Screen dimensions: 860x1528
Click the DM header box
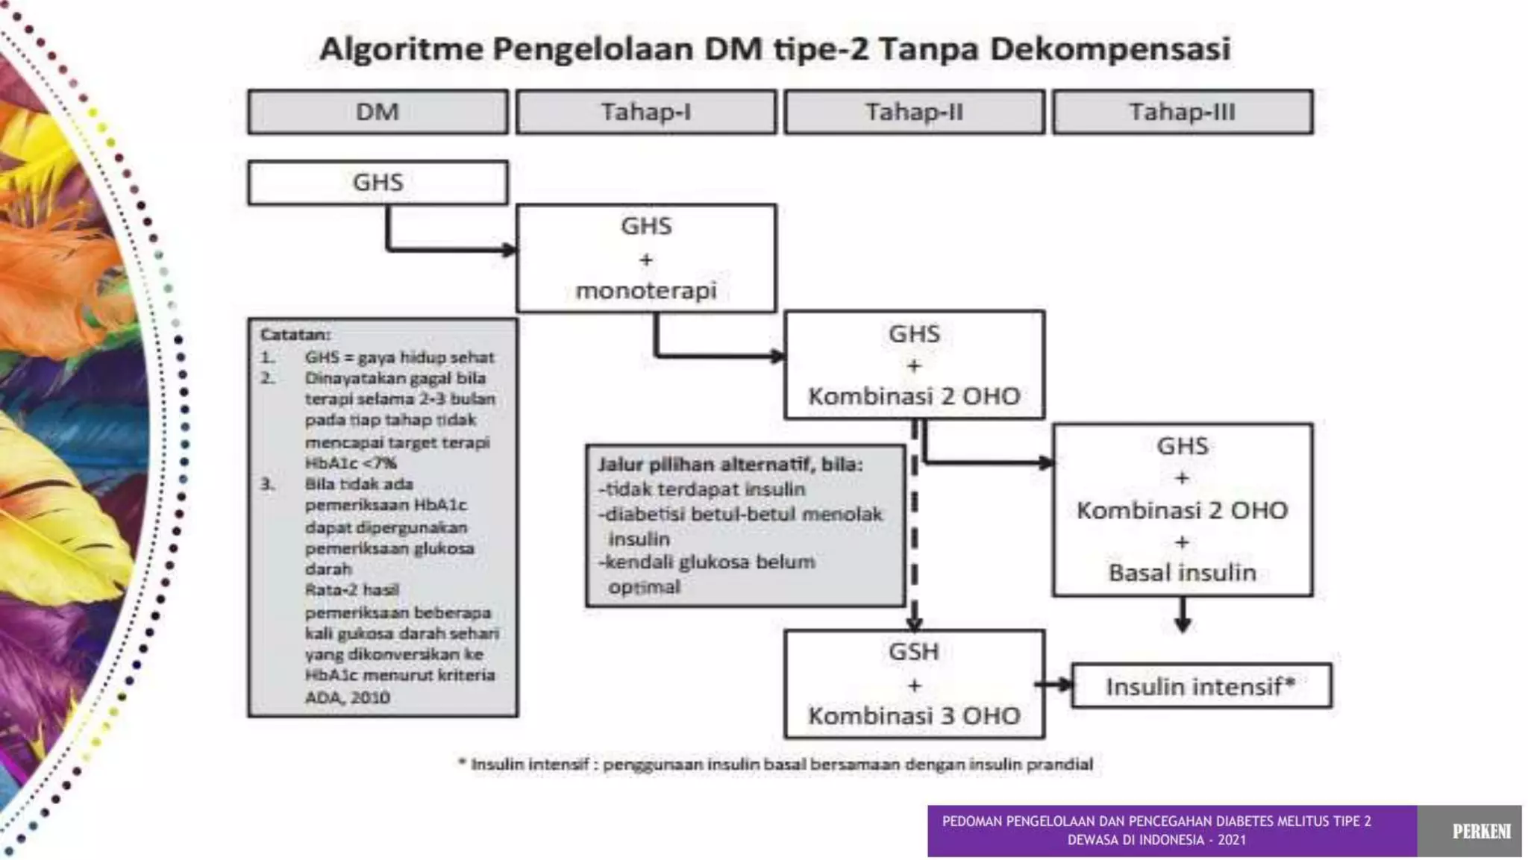tap(378, 113)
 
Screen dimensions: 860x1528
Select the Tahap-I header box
tap(646, 113)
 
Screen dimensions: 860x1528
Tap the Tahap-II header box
tap(914, 113)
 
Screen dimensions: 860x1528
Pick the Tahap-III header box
tap(1183, 113)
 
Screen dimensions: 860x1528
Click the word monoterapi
tap(646, 290)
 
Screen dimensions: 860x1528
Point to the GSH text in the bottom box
tap(914, 652)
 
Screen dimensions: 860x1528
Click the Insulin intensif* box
tap(1201, 686)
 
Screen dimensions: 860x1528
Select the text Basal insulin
tap(1183, 573)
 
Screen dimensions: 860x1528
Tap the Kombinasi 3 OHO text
tap(914, 716)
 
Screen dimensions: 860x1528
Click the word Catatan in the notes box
tap(295, 335)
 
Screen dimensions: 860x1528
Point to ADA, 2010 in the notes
tap(347, 697)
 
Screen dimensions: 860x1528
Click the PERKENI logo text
tap(1481, 832)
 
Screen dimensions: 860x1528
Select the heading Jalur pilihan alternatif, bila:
tap(730, 465)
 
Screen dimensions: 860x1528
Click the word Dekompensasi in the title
tap(1110, 50)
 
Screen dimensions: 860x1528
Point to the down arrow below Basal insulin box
tap(1183, 619)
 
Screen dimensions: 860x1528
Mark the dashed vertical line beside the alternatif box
tap(915, 522)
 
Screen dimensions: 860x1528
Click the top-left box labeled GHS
tap(378, 183)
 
